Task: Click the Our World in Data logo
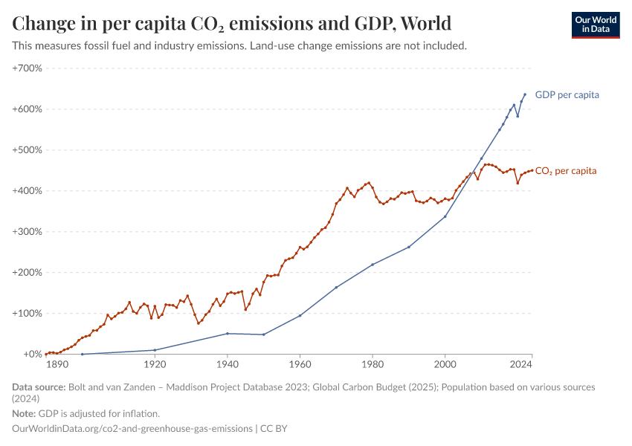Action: (x=595, y=25)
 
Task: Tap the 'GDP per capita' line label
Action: (x=567, y=95)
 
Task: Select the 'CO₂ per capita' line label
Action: (x=565, y=171)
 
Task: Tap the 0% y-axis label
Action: (x=31, y=355)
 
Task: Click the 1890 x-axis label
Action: (x=57, y=365)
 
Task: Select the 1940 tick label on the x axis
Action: (x=227, y=365)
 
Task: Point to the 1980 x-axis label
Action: (x=373, y=365)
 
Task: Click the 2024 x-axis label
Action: (x=521, y=365)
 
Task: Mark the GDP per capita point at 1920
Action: (x=155, y=350)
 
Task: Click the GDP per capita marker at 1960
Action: (x=300, y=316)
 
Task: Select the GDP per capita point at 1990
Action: (x=409, y=247)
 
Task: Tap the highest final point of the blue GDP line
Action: (x=525, y=94)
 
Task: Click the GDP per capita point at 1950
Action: (x=263, y=334)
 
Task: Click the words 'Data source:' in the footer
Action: (x=39, y=387)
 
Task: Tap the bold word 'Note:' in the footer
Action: (x=24, y=413)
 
